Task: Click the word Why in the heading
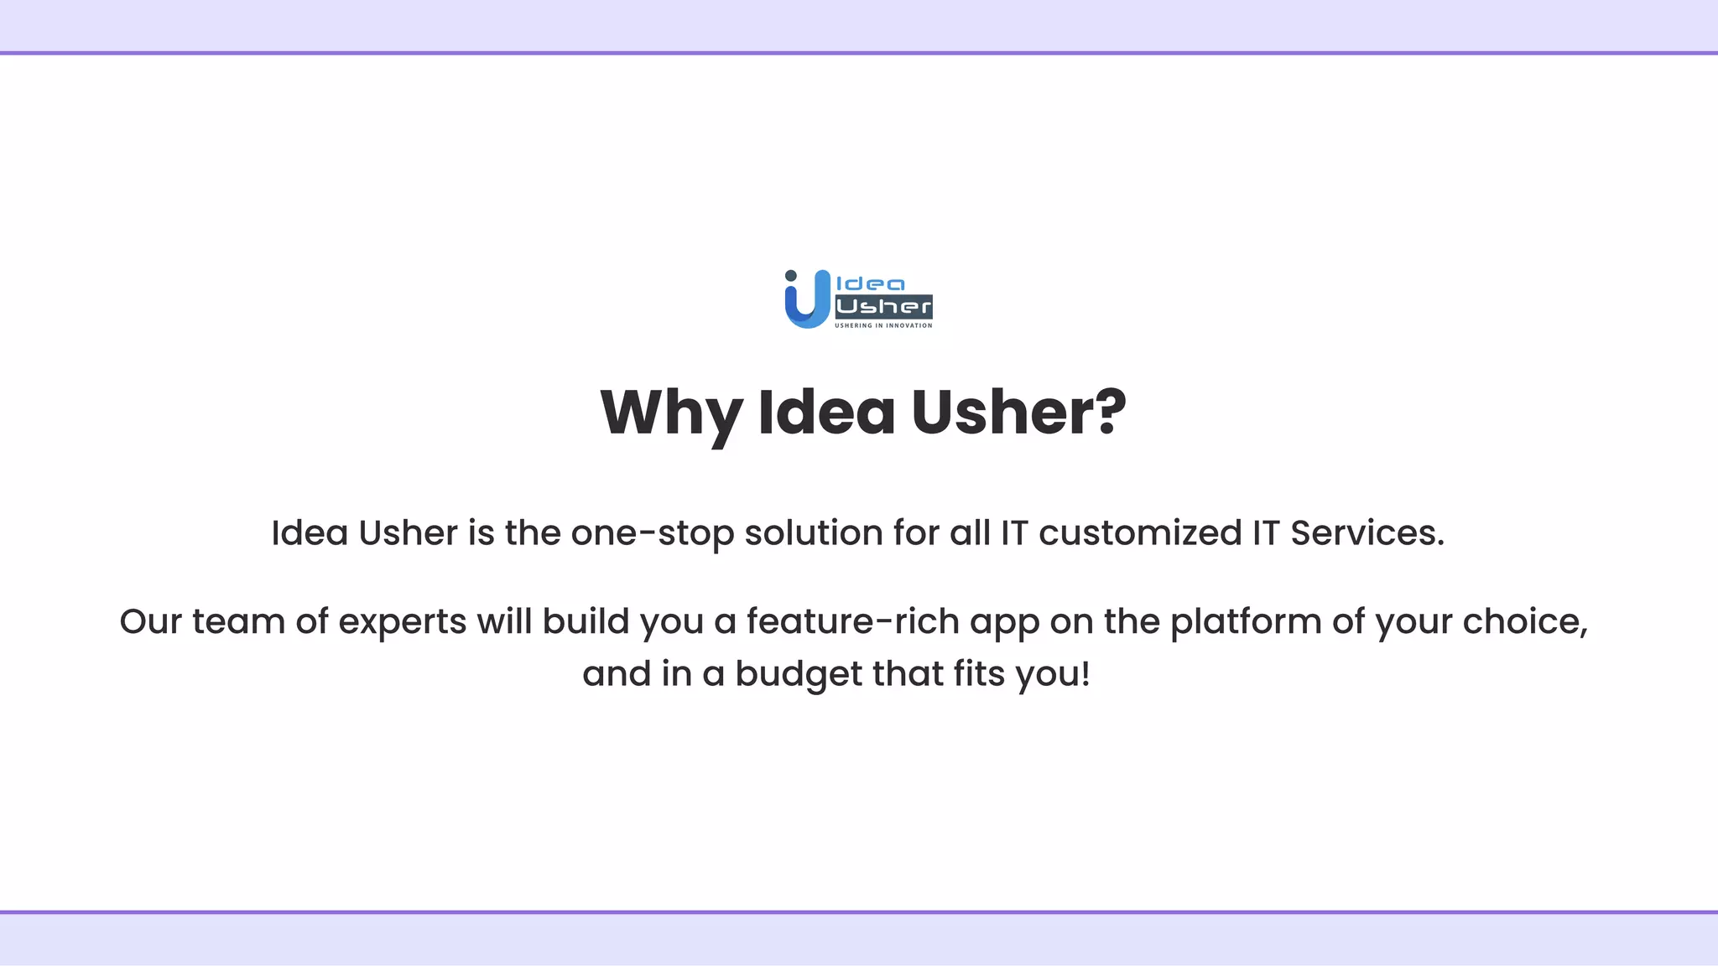[x=671, y=413]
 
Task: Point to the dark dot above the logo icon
[x=790, y=276]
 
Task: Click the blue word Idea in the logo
[x=871, y=284]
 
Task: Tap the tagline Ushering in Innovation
[x=883, y=325]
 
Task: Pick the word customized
[x=1139, y=533]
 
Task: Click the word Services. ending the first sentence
[x=1367, y=533]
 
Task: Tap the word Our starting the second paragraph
[x=150, y=622]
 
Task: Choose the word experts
[x=402, y=622]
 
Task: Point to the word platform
[x=1245, y=622]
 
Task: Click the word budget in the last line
[x=798, y=674]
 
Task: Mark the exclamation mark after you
[x=1086, y=674]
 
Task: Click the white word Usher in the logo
[x=883, y=306]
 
